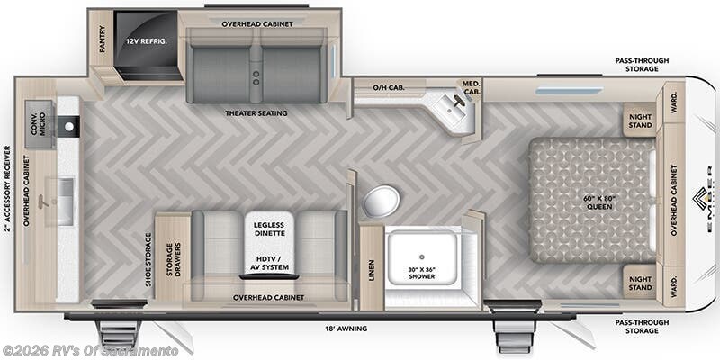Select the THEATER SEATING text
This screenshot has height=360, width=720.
(x=256, y=113)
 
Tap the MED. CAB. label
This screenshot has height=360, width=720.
(x=472, y=88)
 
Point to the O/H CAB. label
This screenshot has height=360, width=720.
(x=388, y=88)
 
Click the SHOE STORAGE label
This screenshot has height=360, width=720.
(x=148, y=259)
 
